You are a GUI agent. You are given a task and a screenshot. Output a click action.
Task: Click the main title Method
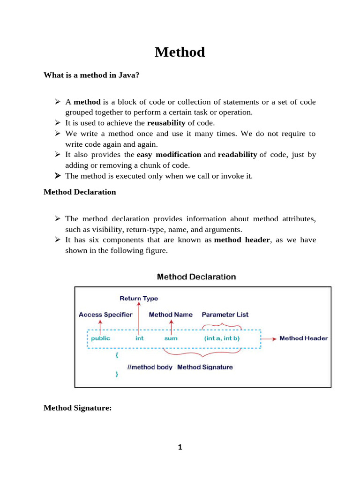pyautogui.click(x=180, y=52)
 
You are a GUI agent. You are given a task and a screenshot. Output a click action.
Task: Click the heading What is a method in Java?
pyautogui.click(x=91, y=75)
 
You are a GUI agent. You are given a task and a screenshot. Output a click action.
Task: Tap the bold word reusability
pyautogui.click(x=166, y=123)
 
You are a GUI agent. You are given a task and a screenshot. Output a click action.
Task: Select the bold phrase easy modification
pyautogui.click(x=169, y=155)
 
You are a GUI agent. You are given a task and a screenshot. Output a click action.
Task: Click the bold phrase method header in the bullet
pyautogui.click(x=242, y=240)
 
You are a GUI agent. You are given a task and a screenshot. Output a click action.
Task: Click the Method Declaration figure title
pyautogui.click(x=196, y=277)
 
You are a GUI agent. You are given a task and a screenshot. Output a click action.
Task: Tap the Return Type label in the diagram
pyautogui.click(x=139, y=298)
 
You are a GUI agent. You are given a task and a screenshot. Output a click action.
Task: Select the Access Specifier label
pyautogui.click(x=105, y=315)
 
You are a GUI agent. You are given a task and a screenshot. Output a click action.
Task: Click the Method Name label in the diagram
pyautogui.click(x=171, y=315)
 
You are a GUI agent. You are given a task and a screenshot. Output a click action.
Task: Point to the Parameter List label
pyautogui.click(x=225, y=315)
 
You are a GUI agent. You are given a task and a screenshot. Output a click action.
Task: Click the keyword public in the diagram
pyautogui.click(x=101, y=338)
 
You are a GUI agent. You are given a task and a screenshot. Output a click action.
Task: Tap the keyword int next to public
pyautogui.click(x=140, y=338)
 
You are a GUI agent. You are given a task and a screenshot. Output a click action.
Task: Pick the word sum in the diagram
pyautogui.click(x=171, y=338)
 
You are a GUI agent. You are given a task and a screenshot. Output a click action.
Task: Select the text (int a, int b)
pyautogui.click(x=222, y=338)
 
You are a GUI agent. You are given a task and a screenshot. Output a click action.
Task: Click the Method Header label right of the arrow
pyautogui.click(x=304, y=338)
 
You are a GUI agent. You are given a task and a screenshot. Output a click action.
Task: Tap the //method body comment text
pyautogui.click(x=150, y=367)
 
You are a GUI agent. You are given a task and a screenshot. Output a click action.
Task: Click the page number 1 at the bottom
pyautogui.click(x=180, y=447)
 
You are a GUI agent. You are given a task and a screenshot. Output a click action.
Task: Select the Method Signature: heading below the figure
pyautogui.click(x=77, y=408)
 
